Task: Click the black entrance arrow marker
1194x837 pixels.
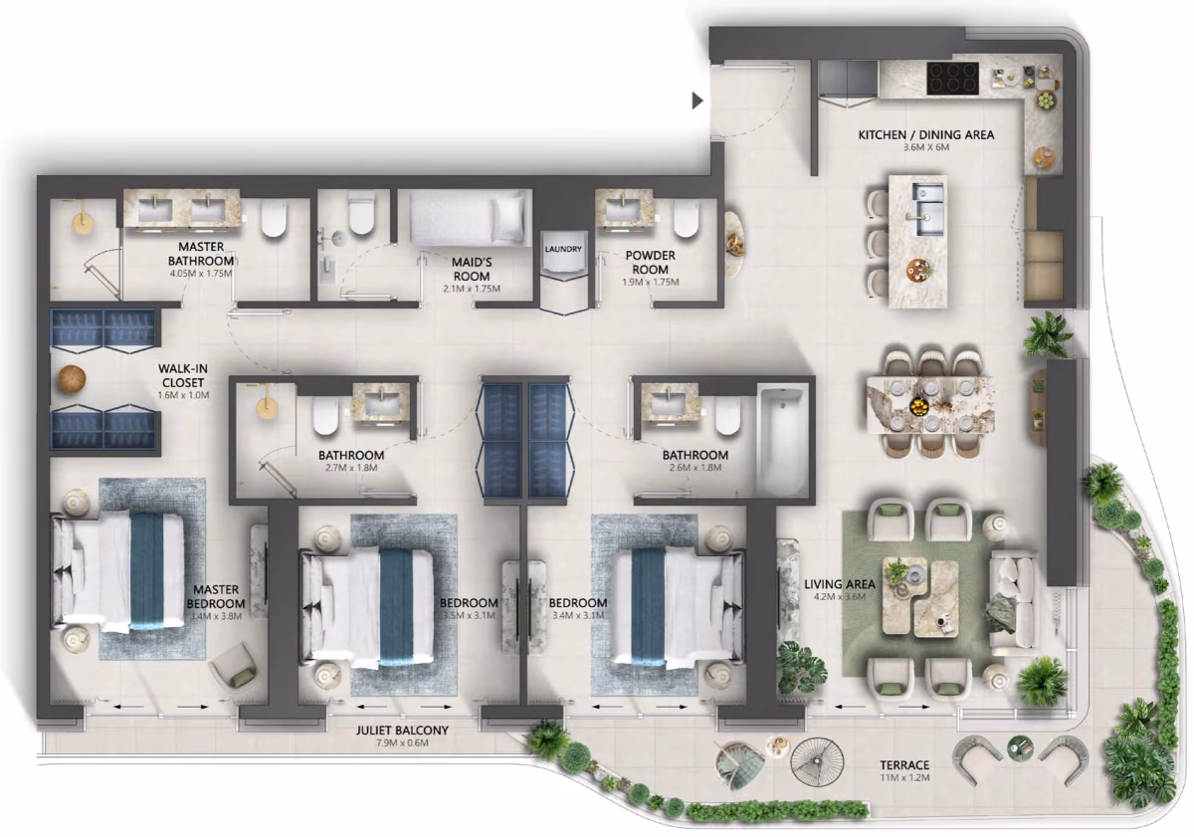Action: (697, 101)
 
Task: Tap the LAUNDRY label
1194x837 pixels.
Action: (563, 249)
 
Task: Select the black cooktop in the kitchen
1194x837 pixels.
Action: (952, 79)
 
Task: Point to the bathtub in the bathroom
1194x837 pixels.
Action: (781, 442)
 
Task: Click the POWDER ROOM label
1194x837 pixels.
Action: (651, 263)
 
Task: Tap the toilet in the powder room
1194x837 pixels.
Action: (686, 219)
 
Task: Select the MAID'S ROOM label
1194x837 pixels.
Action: (472, 270)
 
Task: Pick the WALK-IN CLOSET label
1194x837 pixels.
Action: (183, 375)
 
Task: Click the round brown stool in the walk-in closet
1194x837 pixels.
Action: (72, 379)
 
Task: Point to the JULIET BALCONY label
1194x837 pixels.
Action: (402, 730)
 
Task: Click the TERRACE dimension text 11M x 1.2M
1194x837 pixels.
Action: (904, 778)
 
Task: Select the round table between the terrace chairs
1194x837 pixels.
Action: (1020, 748)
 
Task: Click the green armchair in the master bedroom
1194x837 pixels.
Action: (234, 666)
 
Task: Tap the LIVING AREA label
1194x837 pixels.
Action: (840, 584)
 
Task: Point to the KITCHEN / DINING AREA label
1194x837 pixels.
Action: (926, 135)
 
